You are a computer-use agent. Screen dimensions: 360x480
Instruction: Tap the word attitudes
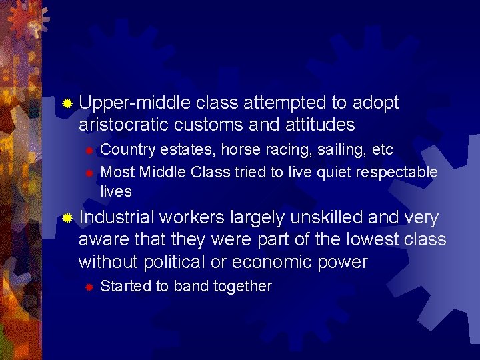pos(317,125)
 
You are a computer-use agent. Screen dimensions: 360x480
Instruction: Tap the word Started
pos(125,287)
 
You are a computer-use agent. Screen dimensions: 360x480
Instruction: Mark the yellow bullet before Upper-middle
pos(67,104)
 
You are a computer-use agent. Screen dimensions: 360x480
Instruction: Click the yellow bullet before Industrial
pos(67,218)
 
